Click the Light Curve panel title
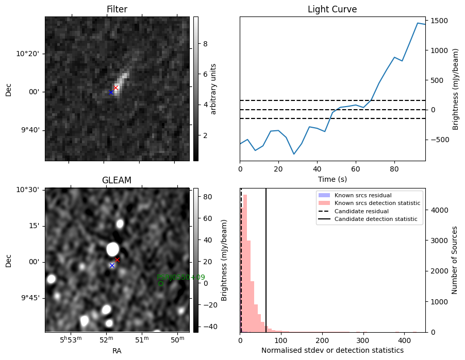pos(332,9)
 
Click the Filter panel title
pos(117,9)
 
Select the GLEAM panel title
pos(117,180)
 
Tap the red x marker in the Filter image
pos(116,88)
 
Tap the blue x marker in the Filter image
pos(111,92)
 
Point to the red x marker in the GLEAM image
pos(117,260)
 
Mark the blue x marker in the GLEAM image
pos(112,265)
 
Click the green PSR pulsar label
pos(180,277)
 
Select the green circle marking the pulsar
pos(160,283)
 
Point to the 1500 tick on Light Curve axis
pos(441,21)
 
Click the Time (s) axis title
pos(332,180)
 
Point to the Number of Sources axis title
pos(455,260)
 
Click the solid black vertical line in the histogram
pos(266,258)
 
